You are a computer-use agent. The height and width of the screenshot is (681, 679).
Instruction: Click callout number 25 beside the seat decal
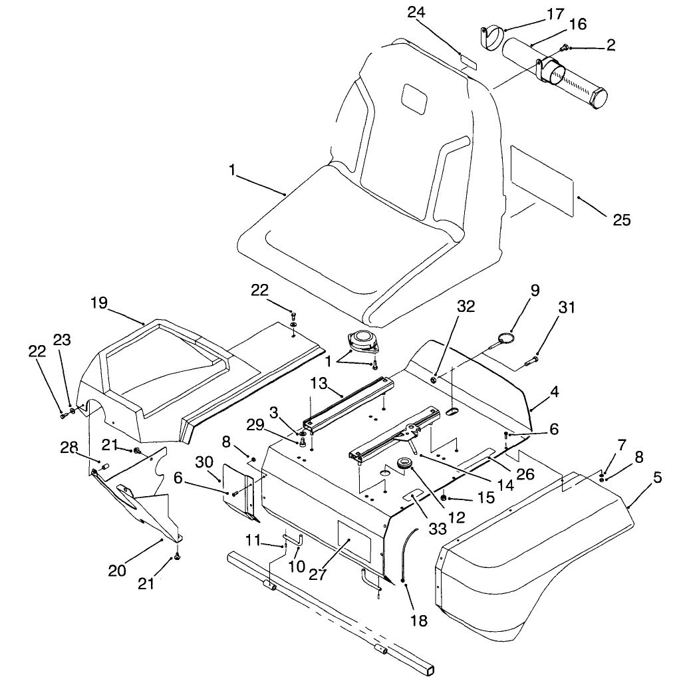click(621, 220)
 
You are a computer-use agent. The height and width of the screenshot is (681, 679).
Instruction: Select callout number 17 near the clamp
click(536, 13)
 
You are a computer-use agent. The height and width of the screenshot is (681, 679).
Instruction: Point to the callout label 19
click(99, 303)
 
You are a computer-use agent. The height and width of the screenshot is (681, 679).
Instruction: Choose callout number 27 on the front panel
click(318, 574)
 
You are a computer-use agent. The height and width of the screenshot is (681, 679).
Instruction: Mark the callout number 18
click(420, 621)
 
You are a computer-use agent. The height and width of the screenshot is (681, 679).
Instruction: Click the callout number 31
click(567, 307)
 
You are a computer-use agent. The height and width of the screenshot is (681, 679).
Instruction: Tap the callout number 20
click(118, 569)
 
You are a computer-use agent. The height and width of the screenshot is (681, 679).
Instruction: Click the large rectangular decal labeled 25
click(541, 179)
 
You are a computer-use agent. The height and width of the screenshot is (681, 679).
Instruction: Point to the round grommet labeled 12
click(404, 464)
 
